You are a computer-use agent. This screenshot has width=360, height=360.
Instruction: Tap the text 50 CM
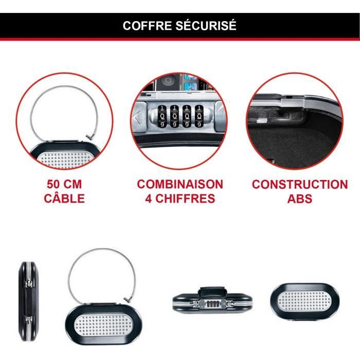click(x=64, y=185)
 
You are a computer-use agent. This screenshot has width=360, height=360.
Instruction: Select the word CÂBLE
click(x=64, y=199)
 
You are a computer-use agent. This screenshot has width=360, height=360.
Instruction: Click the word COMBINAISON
click(x=180, y=185)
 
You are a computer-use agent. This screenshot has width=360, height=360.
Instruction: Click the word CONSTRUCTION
click(x=300, y=185)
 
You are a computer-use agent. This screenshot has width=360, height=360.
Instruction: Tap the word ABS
click(x=300, y=199)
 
